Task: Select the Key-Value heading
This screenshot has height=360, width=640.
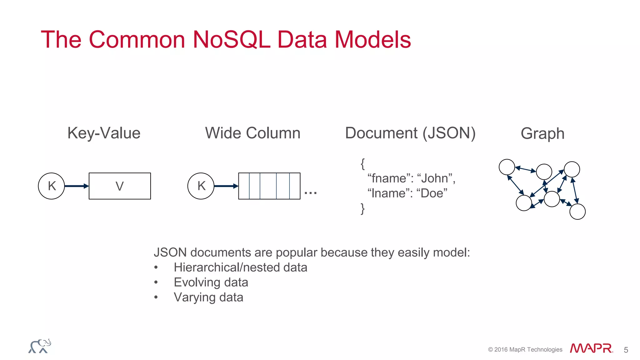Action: click(104, 133)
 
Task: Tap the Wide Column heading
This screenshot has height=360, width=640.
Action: click(252, 133)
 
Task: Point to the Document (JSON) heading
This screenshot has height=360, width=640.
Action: click(410, 133)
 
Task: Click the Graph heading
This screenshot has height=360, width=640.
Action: click(542, 134)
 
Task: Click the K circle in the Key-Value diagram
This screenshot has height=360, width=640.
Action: click(52, 186)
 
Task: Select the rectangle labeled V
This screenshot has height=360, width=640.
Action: click(120, 186)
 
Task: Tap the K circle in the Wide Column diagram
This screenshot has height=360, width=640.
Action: click(201, 186)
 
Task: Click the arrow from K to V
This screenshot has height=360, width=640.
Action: click(77, 186)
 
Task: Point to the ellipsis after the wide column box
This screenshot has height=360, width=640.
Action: click(310, 193)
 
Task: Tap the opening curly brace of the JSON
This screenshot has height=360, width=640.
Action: click(362, 164)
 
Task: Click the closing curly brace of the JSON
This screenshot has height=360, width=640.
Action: click(362, 208)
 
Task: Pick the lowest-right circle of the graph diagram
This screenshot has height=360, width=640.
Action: click(577, 212)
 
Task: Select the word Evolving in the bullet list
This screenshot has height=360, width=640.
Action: click(197, 282)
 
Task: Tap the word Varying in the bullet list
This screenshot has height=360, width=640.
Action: click(194, 297)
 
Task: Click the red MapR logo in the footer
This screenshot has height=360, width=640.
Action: click(591, 348)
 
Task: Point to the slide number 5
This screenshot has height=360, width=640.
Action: click(626, 350)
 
